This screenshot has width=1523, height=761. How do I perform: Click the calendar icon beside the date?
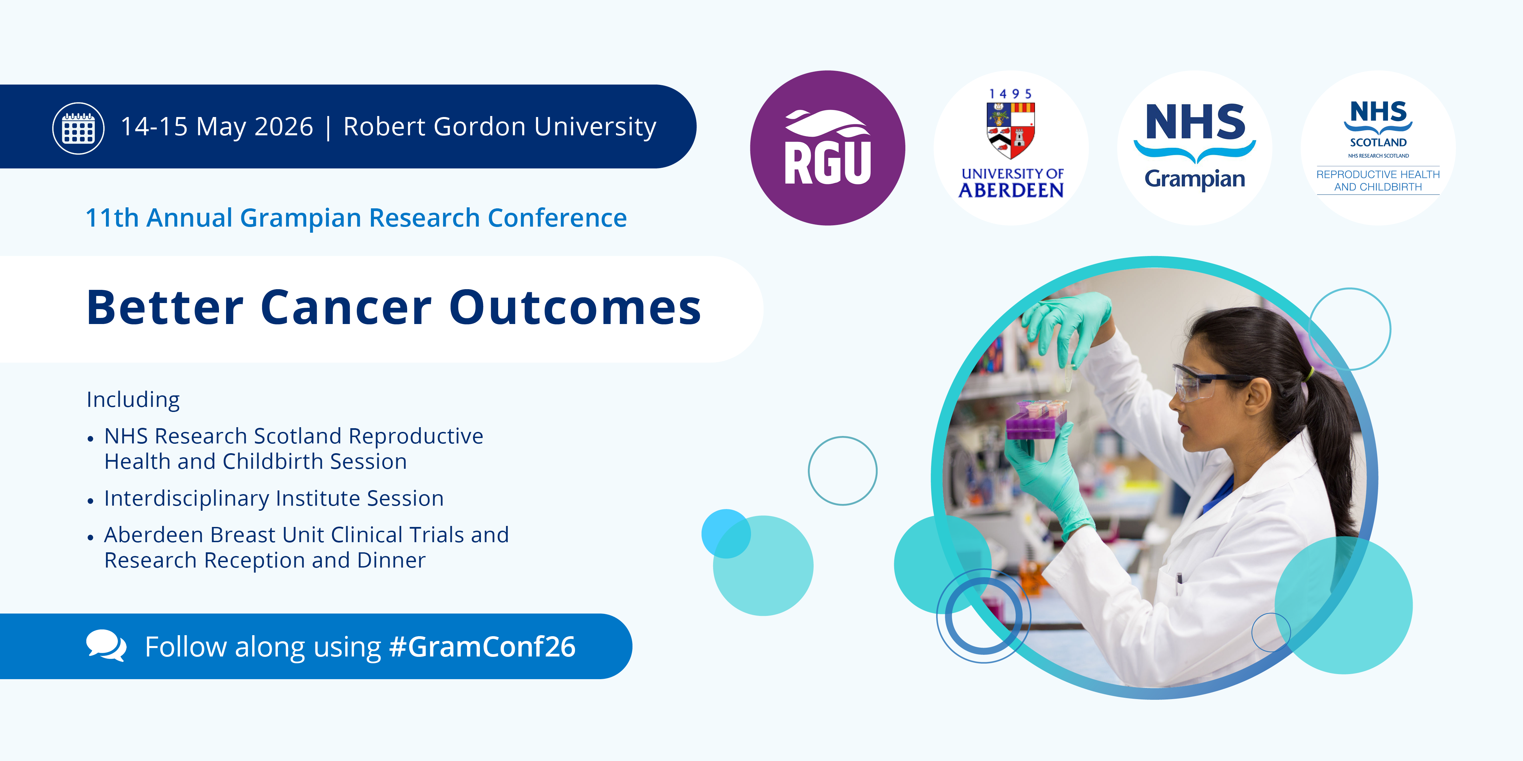pos(79,128)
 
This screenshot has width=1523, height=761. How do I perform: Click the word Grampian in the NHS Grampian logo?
pos(1195,179)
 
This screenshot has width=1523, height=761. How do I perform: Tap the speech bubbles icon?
pos(106,645)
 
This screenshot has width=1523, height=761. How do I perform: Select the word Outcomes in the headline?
pos(575,308)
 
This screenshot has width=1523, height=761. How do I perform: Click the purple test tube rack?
pos(1036,419)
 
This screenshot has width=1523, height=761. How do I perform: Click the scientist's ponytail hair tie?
pos(1309,373)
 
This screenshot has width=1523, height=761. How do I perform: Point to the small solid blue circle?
pos(726,533)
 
